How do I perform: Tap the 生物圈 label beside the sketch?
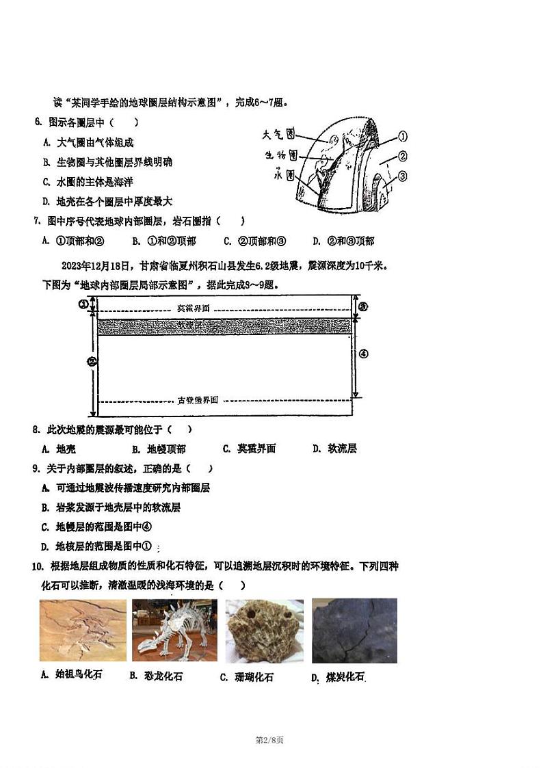tap(281, 155)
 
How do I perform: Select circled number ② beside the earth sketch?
tap(403, 156)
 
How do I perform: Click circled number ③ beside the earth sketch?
tap(403, 176)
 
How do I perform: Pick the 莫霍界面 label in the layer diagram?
tap(194, 308)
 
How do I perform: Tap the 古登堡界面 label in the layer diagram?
tap(198, 400)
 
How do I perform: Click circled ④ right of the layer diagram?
tap(363, 354)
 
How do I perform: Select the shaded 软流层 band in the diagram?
tap(225, 326)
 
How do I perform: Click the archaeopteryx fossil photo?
tap(83, 631)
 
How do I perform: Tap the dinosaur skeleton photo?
tap(174, 631)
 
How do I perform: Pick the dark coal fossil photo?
tap(354, 631)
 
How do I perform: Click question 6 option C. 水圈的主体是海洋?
tap(87, 182)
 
